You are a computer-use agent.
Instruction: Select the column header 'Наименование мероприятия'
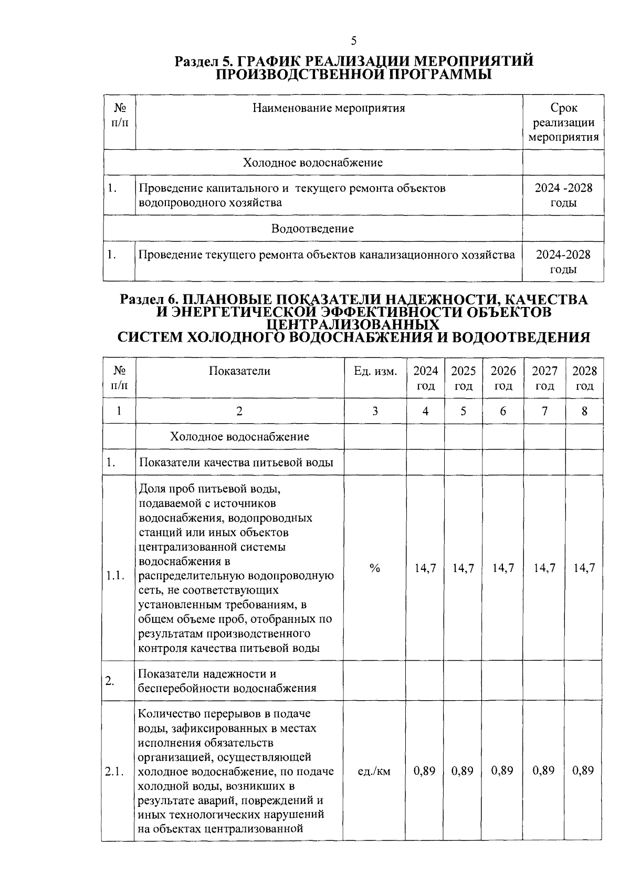click(x=329, y=108)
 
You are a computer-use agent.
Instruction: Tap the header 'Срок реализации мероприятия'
click(x=563, y=122)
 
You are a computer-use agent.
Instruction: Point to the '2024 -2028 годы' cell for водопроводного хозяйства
click(x=563, y=195)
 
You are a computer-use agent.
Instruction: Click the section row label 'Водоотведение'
click(x=312, y=229)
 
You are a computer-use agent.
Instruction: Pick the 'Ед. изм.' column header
click(x=375, y=371)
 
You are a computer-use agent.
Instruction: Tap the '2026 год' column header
click(x=503, y=378)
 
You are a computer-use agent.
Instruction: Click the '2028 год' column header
click(x=584, y=378)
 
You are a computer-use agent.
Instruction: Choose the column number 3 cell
click(x=375, y=411)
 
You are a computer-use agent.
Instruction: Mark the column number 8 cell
click(x=584, y=411)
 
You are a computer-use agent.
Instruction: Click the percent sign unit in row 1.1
click(x=375, y=568)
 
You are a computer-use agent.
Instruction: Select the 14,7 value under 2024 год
click(x=425, y=568)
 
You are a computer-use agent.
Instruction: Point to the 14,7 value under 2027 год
click(x=544, y=568)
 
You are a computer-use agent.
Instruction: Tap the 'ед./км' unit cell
click(x=374, y=771)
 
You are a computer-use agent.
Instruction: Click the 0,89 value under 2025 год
click(x=463, y=771)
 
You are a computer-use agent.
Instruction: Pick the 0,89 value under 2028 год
click(x=584, y=771)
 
